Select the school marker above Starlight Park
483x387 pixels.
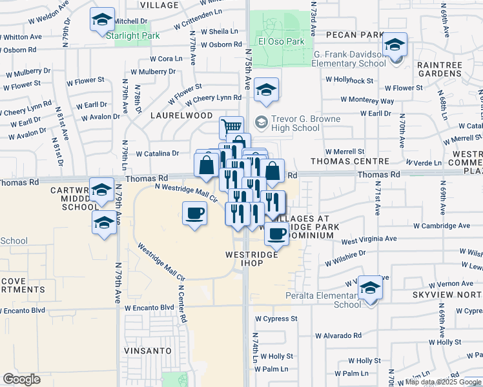102,21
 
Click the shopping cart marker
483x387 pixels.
231,127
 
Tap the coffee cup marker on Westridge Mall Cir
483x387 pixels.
195,213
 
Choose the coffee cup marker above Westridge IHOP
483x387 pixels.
277,235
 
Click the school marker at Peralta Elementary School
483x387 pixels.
371,288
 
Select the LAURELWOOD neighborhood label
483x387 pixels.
181,115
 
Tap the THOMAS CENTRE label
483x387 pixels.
350,161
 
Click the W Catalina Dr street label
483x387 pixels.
158,154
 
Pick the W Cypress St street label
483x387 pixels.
276,319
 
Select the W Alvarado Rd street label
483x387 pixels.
338,335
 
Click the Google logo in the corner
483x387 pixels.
21,379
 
